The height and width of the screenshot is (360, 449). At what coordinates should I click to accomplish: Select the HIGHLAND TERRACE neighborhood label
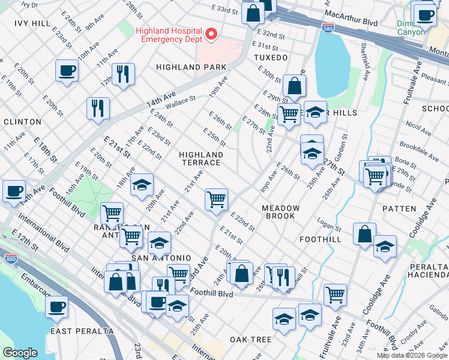tap(201, 159)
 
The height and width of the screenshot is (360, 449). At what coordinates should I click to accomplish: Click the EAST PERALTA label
tap(82, 331)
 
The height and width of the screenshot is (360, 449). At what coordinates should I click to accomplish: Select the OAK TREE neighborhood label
tap(251, 340)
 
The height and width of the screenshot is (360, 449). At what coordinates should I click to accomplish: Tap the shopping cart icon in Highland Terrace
tap(215, 199)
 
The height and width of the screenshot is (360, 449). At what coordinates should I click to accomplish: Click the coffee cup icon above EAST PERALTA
tap(56, 307)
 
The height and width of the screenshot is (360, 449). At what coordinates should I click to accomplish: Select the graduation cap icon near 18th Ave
tap(142, 185)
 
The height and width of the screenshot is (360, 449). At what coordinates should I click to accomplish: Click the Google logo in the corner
tap(20, 353)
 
